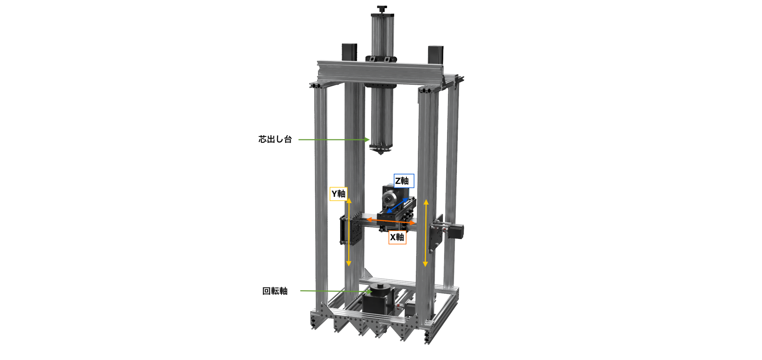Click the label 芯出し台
click(275, 139)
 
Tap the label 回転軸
click(275, 291)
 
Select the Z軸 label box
click(404, 181)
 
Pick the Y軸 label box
click(339, 194)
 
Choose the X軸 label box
click(397, 237)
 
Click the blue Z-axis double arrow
click(397, 206)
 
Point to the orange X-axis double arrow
click(391, 221)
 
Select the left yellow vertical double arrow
click(349, 232)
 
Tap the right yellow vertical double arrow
click(426, 233)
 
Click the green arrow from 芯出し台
click(334, 140)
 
